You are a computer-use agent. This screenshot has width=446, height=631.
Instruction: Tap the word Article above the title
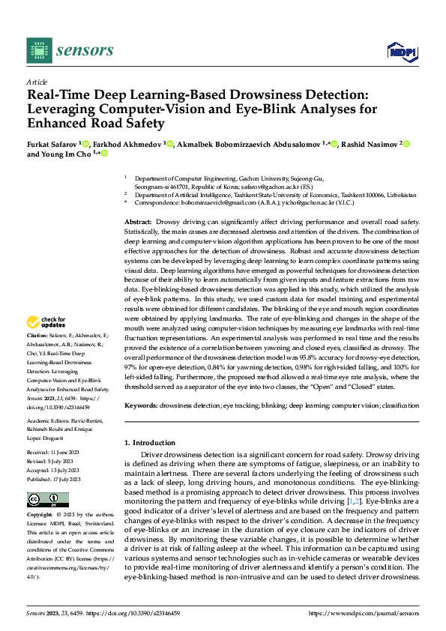(x=37, y=82)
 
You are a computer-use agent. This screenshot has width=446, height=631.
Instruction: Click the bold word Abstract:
(x=138, y=223)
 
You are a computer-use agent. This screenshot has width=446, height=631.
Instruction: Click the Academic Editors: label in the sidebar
(x=50, y=420)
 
